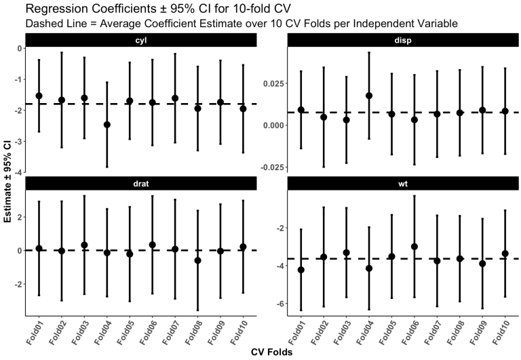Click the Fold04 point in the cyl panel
coord(107,125)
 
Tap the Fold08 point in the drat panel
coord(197,260)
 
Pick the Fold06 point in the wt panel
coord(414,246)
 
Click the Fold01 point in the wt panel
coord(301,270)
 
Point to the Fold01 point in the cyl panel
coord(39,96)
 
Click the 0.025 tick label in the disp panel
coord(273,83)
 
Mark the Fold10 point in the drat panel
coord(243,247)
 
